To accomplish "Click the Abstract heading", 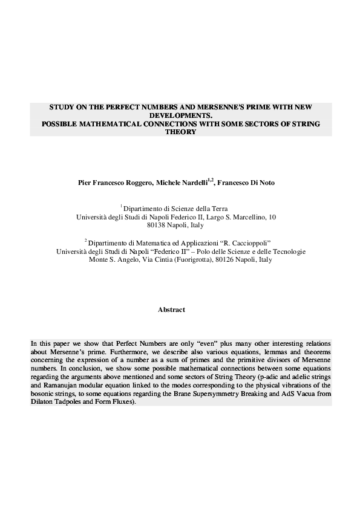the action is pyautogui.click(x=171, y=310).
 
